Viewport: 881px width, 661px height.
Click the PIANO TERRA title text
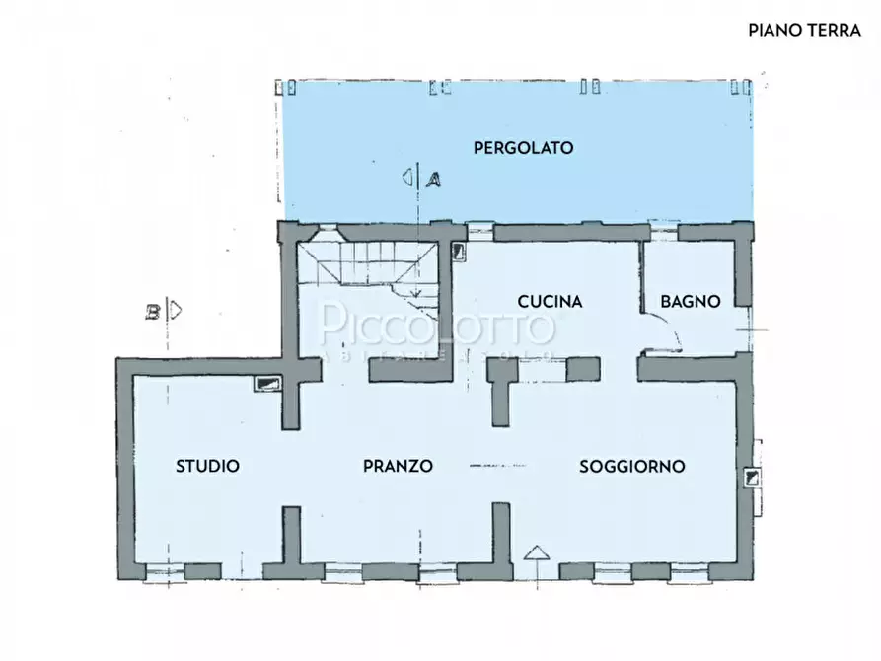coord(804,30)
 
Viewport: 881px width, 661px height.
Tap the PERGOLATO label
coord(523,148)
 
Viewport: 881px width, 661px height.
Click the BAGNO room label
coord(691,302)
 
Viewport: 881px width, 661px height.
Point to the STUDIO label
coord(207,466)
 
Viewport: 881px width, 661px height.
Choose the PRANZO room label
coord(398,466)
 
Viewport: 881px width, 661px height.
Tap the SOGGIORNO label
coord(632,466)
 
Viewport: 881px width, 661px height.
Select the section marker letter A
coord(432,179)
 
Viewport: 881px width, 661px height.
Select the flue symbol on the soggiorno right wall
coord(754,478)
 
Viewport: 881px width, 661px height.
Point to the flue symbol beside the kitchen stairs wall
coord(458,252)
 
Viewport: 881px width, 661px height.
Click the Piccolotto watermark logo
coord(439,326)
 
